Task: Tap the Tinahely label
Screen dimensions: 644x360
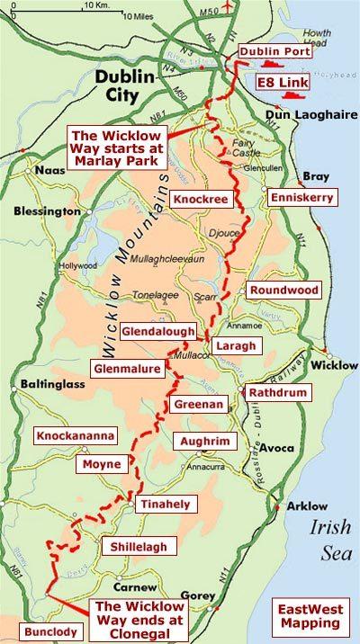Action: (163, 505)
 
